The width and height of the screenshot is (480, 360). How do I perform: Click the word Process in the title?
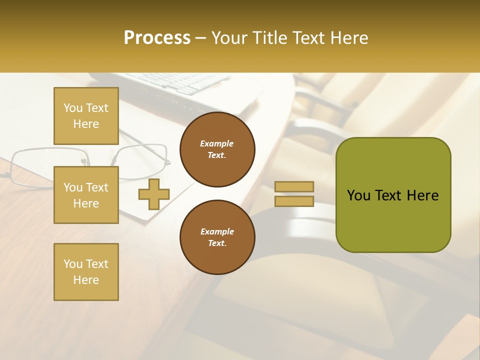coord(157,38)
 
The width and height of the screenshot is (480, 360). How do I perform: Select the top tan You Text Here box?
coord(86,116)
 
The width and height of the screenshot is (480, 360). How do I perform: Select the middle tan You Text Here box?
coord(86,195)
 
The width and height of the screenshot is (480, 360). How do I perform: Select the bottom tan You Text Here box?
coord(86,271)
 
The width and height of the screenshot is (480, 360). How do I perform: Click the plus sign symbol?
coord(154,194)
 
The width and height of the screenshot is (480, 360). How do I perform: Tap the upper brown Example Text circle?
coord(217,149)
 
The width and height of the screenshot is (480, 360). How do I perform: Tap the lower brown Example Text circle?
coord(217,237)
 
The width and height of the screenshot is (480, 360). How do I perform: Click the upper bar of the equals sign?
coord(294,186)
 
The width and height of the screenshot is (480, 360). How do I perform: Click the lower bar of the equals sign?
coord(294,201)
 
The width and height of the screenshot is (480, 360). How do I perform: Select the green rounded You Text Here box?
coord(393,195)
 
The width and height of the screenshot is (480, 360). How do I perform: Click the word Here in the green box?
coord(422,195)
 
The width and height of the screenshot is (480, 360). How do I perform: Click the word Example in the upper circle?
coord(217,143)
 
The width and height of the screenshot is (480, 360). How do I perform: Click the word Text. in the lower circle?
coord(217,243)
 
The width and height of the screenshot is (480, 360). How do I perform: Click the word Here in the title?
coord(348,38)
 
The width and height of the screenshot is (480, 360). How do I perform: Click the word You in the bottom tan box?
coord(73,264)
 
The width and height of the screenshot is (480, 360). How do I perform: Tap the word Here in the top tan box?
coord(86,124)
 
